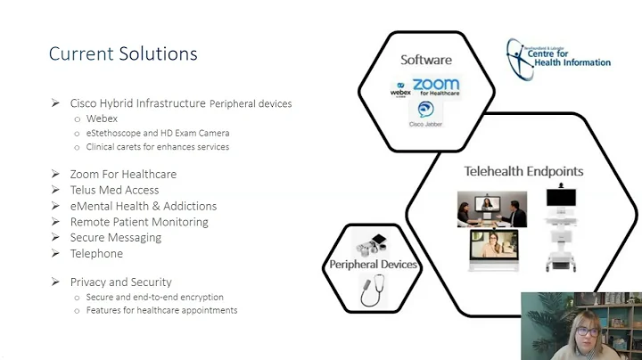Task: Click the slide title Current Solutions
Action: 123,53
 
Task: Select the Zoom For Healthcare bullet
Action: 123,174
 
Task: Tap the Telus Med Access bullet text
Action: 114,190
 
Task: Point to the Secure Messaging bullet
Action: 116,238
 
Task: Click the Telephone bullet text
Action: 96,254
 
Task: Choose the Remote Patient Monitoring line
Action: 139,222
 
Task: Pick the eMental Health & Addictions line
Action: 143,206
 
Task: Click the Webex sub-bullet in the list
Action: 102,119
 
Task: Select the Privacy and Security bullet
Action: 120,282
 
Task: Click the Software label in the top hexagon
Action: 425,60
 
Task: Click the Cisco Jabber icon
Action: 425,112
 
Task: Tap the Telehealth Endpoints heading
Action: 523,171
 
